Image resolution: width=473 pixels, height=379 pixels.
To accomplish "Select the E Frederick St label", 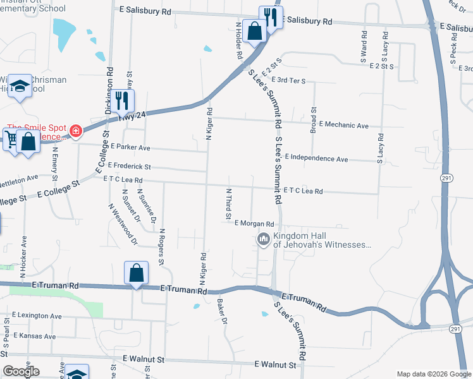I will [x=129, y=166].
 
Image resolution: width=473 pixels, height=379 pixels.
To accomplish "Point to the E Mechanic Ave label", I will [x=344, y=126].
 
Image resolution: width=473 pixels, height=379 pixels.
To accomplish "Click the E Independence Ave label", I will [x=316, y=159].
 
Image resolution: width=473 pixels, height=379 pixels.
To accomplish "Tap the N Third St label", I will [x=228, y=203].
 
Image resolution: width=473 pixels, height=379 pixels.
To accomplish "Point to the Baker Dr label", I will [x=222, y=310].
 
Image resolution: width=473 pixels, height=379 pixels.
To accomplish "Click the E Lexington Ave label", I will [x=35, y=316].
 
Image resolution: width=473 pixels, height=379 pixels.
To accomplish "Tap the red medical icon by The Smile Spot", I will [x=76, y=131].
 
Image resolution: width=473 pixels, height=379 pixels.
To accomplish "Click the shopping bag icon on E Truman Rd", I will [x=136, y=273].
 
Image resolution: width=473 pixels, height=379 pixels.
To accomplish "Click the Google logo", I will [x=21, y=371].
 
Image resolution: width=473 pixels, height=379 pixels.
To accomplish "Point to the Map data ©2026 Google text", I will [x=433, y=373].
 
